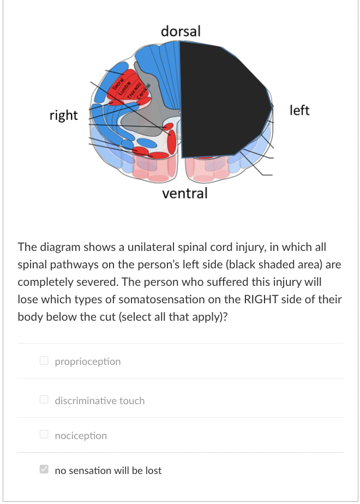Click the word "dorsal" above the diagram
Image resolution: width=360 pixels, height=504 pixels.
[181, 31]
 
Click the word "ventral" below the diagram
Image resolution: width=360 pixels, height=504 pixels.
[185, 193]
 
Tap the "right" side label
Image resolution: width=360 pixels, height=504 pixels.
[64, 115]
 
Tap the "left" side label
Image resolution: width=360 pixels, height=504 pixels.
[299, 110]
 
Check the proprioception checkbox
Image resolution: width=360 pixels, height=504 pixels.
[44, 361]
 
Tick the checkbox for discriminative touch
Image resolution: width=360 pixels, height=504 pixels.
[44, 400]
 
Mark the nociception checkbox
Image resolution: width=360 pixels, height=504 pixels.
[44, 435]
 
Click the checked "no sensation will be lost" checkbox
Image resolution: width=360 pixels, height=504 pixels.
[44, 470]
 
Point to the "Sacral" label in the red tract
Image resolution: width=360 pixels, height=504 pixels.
[117, 83]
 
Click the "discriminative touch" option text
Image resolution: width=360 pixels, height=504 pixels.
[100, 400]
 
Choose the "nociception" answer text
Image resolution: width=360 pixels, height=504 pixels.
[81, 435]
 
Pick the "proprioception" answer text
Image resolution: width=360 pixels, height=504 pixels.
[88, 361]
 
